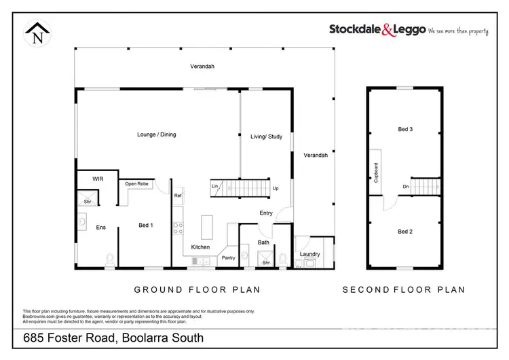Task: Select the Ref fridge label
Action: [x=178, y=196]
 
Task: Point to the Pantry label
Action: [x=228, y=257]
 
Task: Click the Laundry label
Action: [x=309, y=254]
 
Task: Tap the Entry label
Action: [x=266, y=213]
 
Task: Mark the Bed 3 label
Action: [x=405, y=129]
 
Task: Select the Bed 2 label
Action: [x=405, y=232]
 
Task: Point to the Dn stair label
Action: [x=405, y=186]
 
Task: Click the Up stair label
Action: [x=275, y=188]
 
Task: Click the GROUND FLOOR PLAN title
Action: [x=197, y=289]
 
